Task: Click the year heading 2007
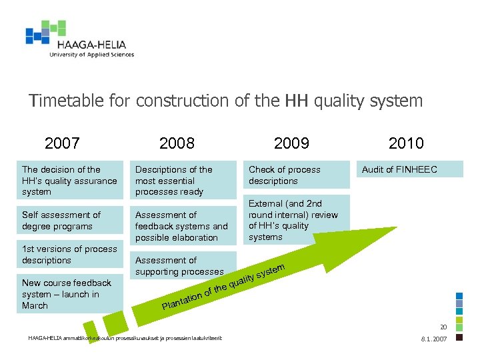[62, 143]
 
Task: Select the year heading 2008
[177, 143]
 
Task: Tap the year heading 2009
[291, 143]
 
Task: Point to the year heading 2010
[406, 143]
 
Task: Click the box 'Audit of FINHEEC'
[408, 169]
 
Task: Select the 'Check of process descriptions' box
[293, 175]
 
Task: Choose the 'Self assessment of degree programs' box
[69, 221]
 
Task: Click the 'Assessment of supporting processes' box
[182, 265]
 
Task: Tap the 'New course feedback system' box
[69, 294]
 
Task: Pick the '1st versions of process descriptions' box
[69, 255]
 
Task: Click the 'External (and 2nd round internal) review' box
[293, 220]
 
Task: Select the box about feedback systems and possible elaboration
[182, 226]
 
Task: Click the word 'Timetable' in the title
[66, 101]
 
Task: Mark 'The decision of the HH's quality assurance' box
[69, 181]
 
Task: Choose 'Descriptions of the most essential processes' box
[182, 181]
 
